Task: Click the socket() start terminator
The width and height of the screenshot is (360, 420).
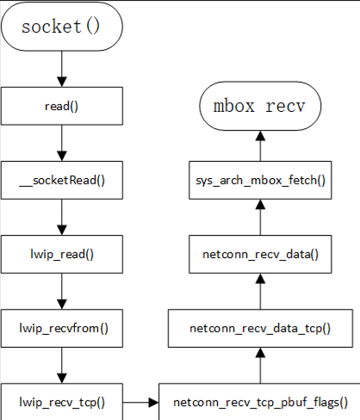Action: coord(62,27)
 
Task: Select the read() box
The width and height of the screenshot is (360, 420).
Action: coord(62,106)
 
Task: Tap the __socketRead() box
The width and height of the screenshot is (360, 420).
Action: coord(62,180)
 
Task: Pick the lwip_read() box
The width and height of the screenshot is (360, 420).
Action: coord(62,254)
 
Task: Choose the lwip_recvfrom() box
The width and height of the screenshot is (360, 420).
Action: coord(62,328)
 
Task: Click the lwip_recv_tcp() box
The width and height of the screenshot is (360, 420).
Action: coord(62,402)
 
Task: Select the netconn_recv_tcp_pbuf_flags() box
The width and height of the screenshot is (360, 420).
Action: coord(260,402)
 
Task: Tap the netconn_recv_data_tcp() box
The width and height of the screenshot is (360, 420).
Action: coord(260,328)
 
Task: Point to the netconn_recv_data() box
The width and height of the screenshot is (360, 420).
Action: coord(260,254)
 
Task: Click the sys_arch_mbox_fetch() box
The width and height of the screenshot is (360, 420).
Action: coord(260,180)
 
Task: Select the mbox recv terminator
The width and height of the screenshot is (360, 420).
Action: coord(260,106)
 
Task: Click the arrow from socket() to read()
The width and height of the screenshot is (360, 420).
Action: coord(62,69)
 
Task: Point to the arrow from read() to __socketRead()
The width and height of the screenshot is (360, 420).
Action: coord(62,143)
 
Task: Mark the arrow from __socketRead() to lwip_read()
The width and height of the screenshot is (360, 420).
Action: coord(62,217)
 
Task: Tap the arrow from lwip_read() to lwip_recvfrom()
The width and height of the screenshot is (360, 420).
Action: coord(62,291)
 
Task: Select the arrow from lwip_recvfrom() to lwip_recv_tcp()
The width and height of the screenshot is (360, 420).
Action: coord(62,365)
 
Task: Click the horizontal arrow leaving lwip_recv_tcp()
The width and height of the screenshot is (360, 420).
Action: coord(140,403)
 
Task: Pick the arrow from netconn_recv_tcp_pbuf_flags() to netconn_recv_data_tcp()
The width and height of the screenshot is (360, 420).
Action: coord(260,365)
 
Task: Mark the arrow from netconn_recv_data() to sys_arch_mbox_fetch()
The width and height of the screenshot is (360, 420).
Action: coord(260,217)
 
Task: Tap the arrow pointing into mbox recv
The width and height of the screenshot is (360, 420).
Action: coord(260,145)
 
